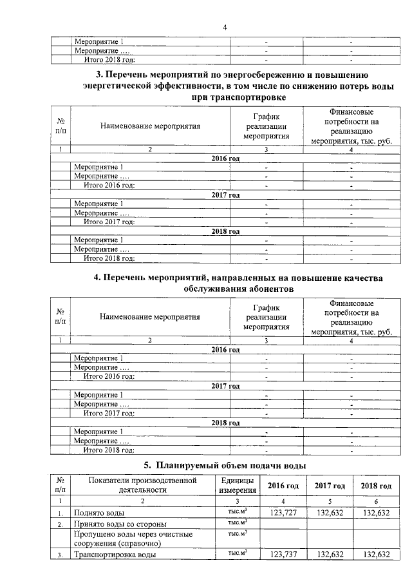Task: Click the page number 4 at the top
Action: click(x=225, y=27)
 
